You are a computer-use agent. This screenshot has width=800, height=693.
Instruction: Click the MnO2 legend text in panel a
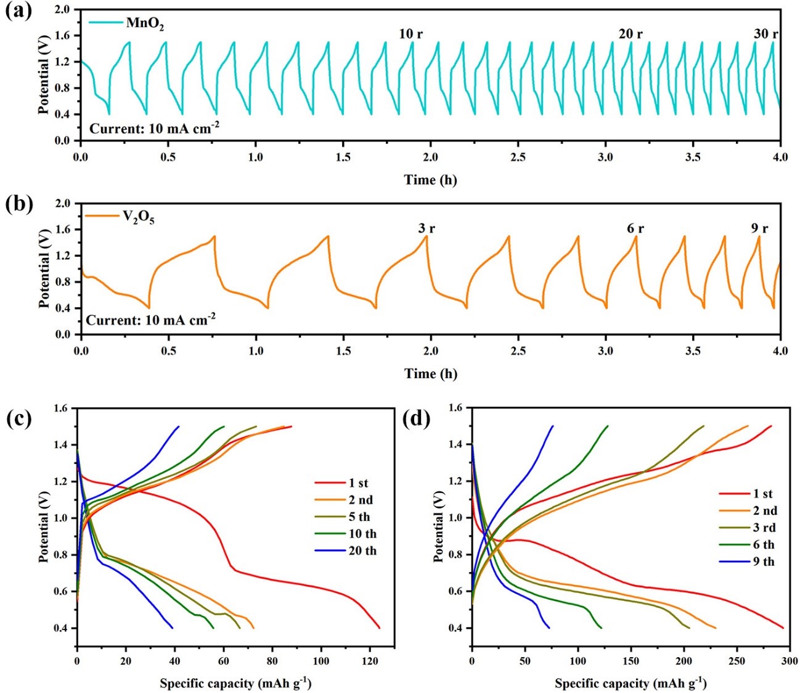pos(145,24)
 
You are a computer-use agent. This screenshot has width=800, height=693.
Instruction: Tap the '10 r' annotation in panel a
pos(411,34)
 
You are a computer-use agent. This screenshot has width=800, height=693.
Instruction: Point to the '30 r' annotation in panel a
pos(765,34)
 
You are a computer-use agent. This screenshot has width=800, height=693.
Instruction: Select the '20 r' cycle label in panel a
pos(630,34)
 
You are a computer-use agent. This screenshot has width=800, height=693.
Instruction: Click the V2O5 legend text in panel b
pos(137,218)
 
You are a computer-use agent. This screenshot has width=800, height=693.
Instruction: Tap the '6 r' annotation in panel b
pos(635,228)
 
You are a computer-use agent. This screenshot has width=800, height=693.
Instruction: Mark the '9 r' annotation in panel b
pos(759,228)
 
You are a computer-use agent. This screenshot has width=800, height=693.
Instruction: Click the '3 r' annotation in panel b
pos(427,228)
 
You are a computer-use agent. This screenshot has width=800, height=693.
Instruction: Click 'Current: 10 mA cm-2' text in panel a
pos(154,128)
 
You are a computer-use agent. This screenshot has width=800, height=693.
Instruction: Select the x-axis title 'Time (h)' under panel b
pos(430,373)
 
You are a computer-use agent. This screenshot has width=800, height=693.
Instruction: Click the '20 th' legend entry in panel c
pos(362,551)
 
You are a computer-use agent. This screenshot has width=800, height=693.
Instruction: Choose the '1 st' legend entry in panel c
pos(358,483)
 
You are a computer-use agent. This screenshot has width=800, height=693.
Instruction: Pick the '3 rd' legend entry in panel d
pos(764,528)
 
